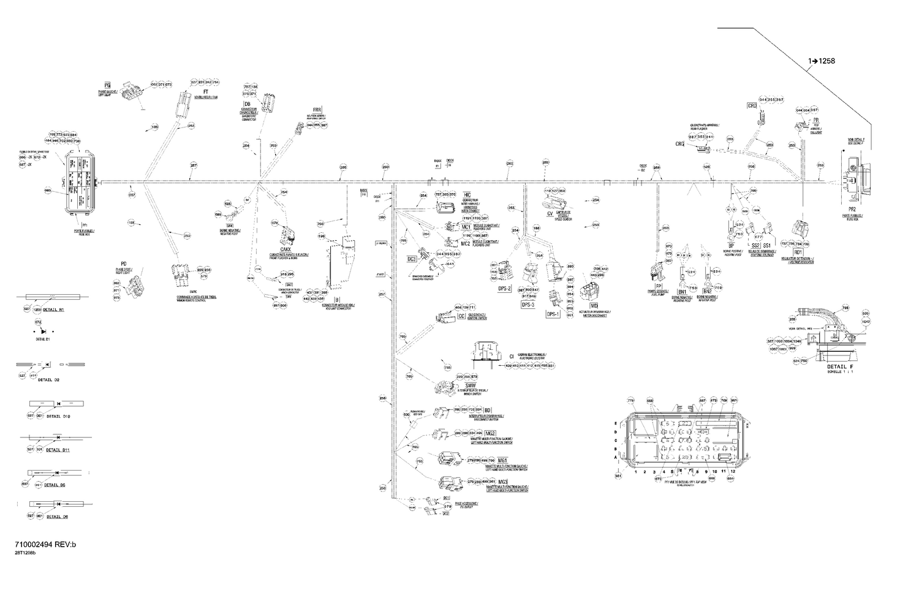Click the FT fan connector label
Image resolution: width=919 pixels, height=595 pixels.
(x=197, y=91)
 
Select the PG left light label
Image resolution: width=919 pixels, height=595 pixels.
(x=107, y=85)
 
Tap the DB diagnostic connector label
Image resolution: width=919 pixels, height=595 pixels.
(x=248, y=104)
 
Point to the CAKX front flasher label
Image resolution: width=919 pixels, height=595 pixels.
(x=285, y=250)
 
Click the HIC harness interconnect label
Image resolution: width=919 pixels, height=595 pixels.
(x=467, y=194)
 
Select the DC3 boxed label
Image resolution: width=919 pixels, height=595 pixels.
(x=412, y=259)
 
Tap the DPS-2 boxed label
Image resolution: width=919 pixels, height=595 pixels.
(x=505, y=289)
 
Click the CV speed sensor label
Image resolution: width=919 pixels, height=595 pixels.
(x=550, y=214)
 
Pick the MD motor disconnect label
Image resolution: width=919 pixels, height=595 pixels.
(x=593, y=305)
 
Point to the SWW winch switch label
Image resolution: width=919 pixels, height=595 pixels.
(x=471, y=385)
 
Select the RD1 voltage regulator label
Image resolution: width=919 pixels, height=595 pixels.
(x=798, y=252)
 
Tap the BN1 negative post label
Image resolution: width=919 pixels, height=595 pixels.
(x=681, y=292)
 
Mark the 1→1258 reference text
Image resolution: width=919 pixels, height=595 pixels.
(x=821, y=61)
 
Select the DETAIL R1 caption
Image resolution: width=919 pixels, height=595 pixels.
(x=51, y=310)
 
